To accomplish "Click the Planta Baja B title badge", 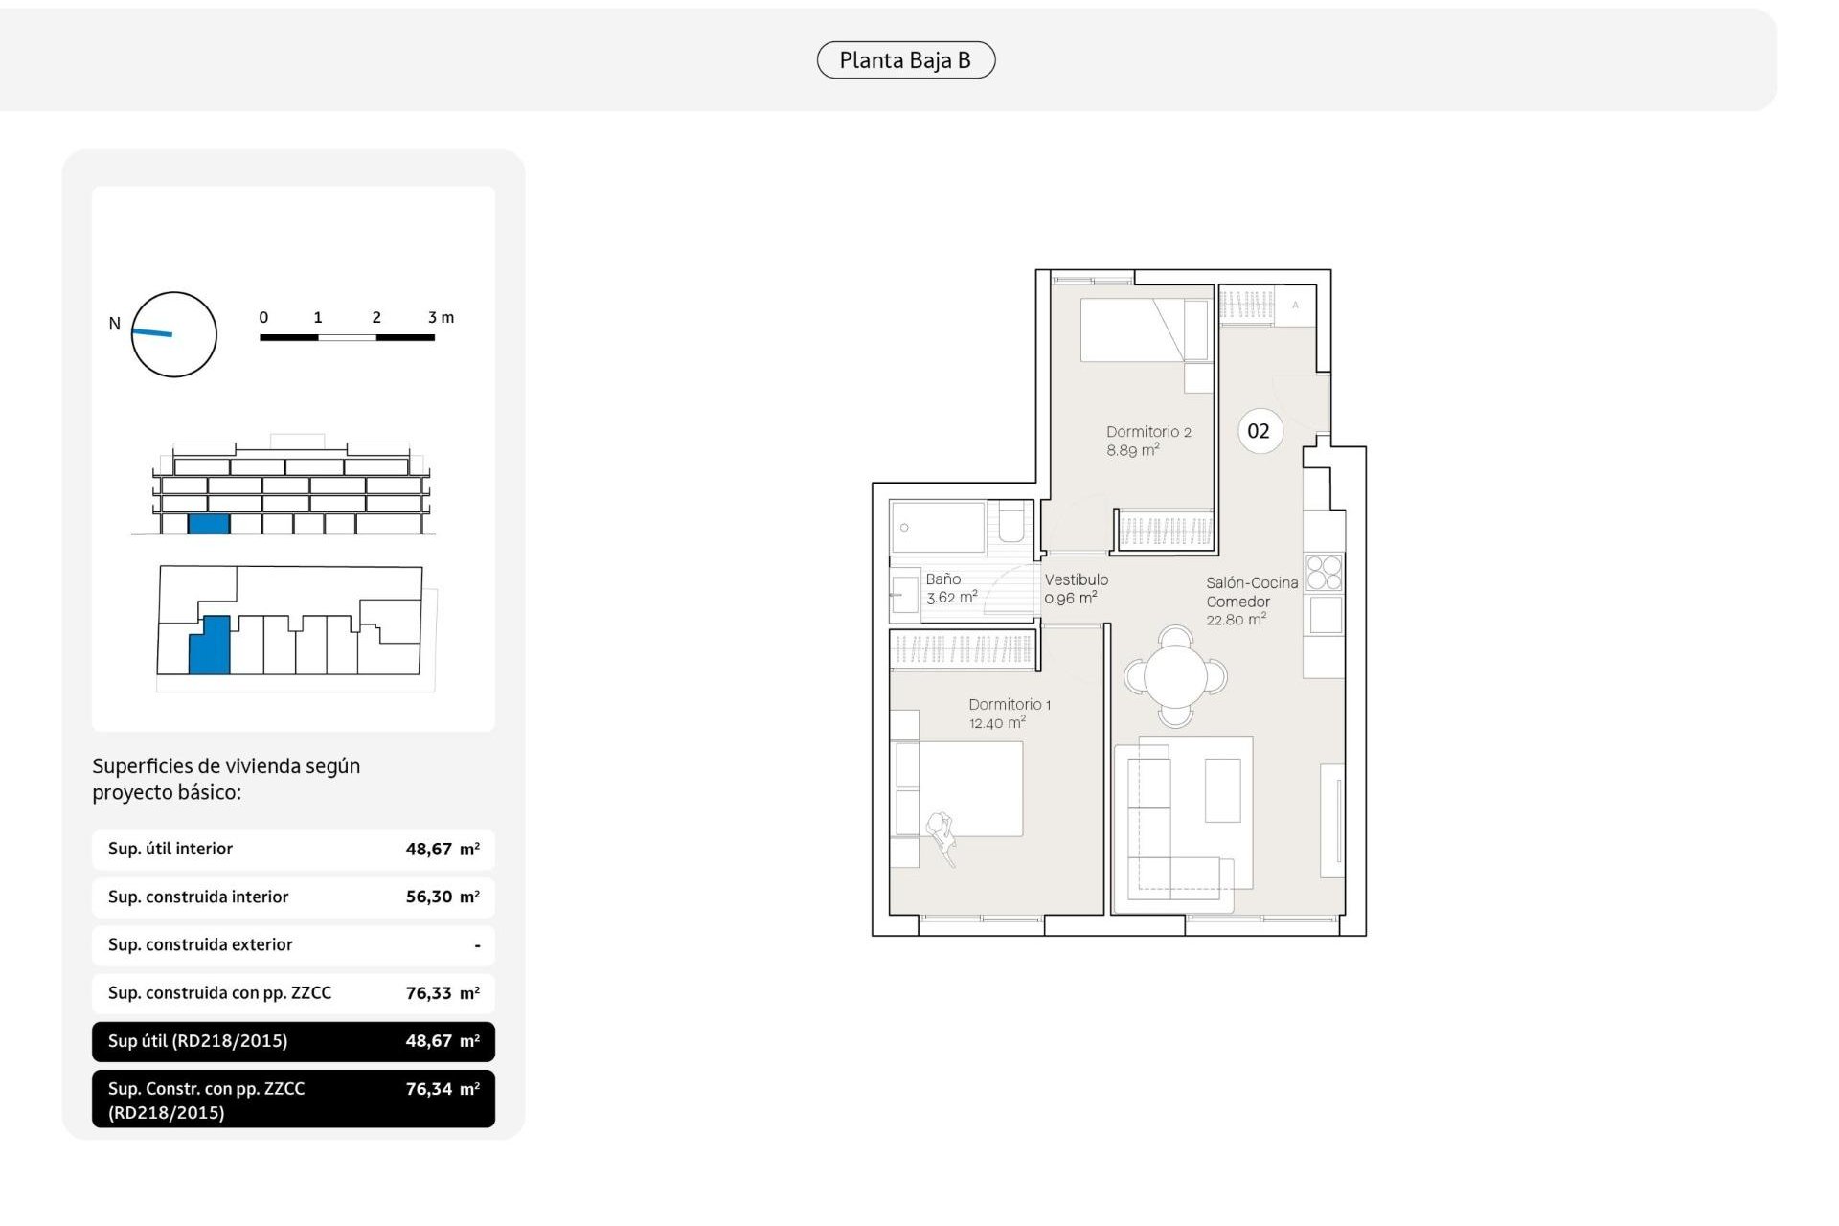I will pyautogui.click(x=905, y=60).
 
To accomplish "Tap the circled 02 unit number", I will pyautogui.click(x=1259, y=431).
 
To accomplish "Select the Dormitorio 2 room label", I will pyautogui.click(x=1148, y=432).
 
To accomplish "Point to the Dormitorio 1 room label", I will pyautogui.click(x=1010, y=705).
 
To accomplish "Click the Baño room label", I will pyautogui.click(x=943, y=579).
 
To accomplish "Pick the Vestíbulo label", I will pyautogui.click(x=1076, y=579).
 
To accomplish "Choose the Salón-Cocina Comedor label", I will pyautogui.click(x=1251, y=592).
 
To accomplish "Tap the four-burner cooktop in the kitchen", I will pyautogui.click(x=1325, y=573).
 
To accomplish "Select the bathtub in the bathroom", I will pyautogui.click(x=938, y=527).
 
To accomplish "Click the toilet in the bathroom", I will pyautogui.click(x=1011, y=524).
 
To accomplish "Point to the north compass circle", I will pyautogui.click(x=173, y=334).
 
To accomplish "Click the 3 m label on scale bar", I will pyautogui.click(x=441, y=317).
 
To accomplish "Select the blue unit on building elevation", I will pyautogui.click(x=209, y=524).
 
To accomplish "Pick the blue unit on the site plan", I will pyautogui.click(x=211, y=647).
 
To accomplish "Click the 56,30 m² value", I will pyautogui.click(x=442, y=897).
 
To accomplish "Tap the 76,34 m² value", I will pyautogui.click(x=442, y=1089).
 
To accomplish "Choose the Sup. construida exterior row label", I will pyautogui.click(x=200, y=945).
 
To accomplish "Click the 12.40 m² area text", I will pyautogui.click(x=997, y=723).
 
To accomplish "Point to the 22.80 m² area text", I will pyautogui.click(x=1236, y=620).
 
